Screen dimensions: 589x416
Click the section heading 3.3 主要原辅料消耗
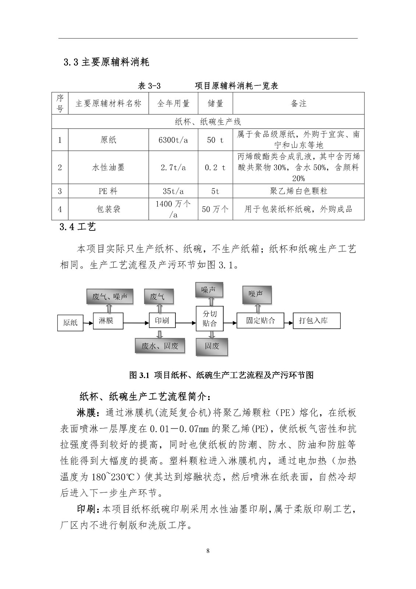[106, 62]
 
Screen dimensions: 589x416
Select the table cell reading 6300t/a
[173, 140]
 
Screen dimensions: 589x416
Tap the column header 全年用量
[173, 103]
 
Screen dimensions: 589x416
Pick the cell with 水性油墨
[108, 167]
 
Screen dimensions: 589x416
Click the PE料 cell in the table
[108, 191]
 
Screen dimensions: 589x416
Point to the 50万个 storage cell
[215, 209]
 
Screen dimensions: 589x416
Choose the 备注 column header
[298, 103]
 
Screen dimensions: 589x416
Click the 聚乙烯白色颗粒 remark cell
[298, 191]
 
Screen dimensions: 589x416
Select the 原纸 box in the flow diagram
[70, 322]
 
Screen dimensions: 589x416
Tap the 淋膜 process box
[108, 321]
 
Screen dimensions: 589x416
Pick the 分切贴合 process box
[210, 319]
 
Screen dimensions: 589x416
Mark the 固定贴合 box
[260, 320]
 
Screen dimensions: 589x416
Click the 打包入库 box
[317, 321]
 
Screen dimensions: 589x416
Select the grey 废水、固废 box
[160, 346]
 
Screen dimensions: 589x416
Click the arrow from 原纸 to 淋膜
[88, 323]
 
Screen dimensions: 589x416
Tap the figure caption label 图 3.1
[139, 375]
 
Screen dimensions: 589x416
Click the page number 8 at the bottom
[208, 551]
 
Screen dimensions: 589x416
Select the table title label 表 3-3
[149, 86]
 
